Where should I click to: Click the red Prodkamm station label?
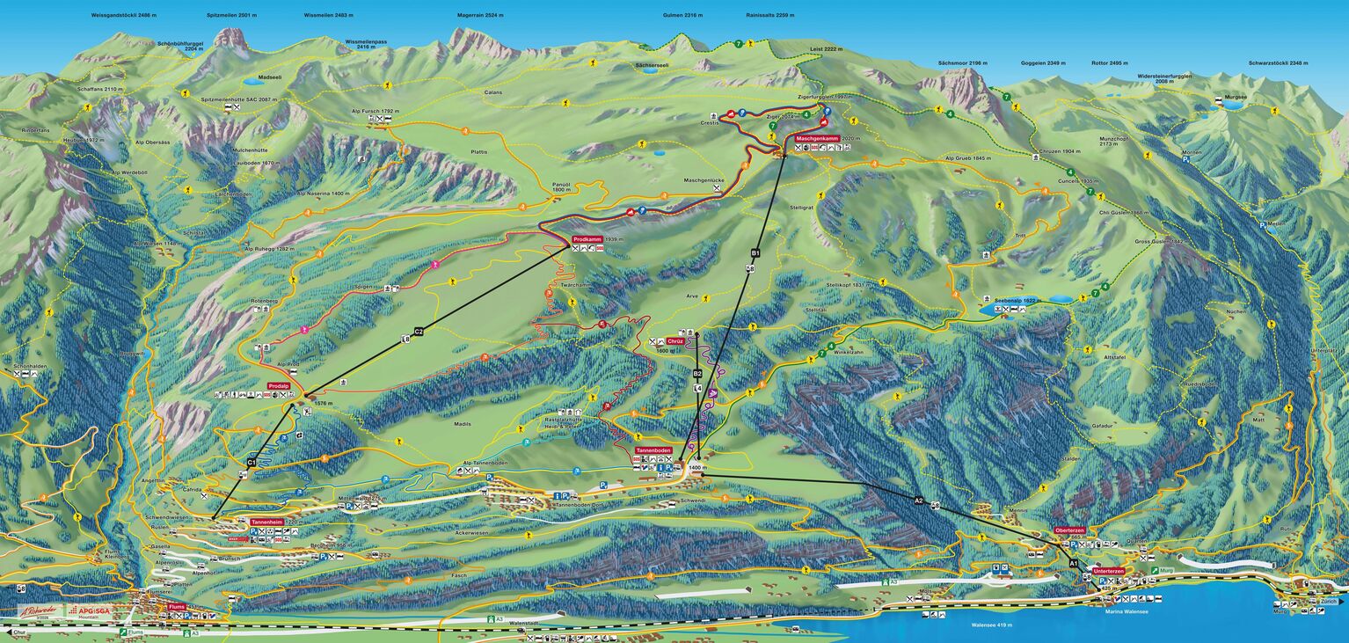pos(586,239)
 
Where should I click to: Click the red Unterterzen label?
pos(1109,571)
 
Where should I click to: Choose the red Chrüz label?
pos(675,340)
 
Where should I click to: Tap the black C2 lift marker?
pos(419,331)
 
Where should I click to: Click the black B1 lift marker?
pos(755,253)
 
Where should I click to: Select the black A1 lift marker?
pos(1073,563)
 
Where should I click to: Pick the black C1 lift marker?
pos(252,462)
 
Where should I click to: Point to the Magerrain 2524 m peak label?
pos(480,15)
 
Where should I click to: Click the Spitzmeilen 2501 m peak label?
pos(231,15)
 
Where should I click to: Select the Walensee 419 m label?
pos(991,625)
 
